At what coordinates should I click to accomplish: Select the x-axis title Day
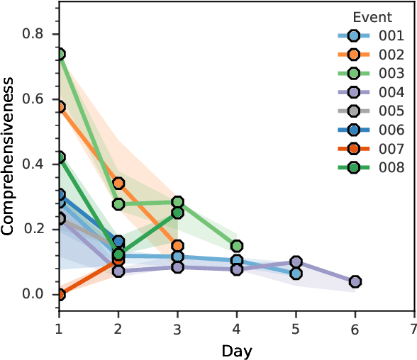236,350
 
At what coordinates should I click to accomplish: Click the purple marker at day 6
355,282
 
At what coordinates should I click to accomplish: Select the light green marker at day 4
236,246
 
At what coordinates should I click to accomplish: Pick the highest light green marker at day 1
60,54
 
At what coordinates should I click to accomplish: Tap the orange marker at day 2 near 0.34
118,183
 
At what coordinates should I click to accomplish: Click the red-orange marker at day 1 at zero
60,294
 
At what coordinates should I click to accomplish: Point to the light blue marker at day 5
296,273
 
